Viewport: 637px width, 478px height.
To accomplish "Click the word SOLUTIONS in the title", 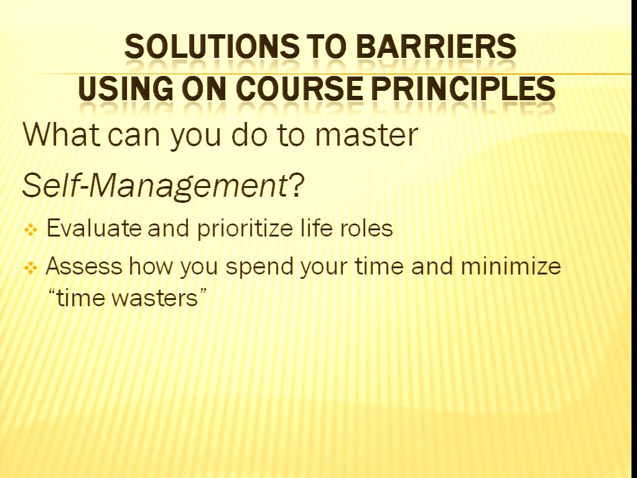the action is coord(212,46).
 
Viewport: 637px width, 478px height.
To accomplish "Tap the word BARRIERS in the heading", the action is coord(436,46).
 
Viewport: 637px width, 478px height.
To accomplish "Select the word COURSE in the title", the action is coord(299,88).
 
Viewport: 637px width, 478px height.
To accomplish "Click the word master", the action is coord(366,135).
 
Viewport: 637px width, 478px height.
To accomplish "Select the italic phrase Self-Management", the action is coord(155,186).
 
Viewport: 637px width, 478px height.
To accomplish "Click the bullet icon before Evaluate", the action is coord(30,230).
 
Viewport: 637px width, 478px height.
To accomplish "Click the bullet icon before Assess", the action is coord(30,268).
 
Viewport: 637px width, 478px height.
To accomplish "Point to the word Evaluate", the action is coord(95,228).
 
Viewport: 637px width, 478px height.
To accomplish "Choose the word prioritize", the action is coord(245,229).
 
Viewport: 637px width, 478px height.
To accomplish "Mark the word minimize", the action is coord(511,266).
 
